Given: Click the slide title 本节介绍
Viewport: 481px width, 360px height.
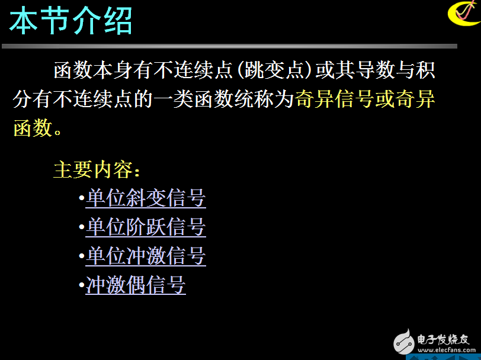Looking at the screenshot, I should (x=70, y=22).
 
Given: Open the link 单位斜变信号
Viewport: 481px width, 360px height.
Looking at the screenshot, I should (x=146, y=198).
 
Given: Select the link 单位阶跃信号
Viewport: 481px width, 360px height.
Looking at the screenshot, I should (x=146, y=227).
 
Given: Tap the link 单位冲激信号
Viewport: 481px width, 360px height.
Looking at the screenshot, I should (x=146, y=256).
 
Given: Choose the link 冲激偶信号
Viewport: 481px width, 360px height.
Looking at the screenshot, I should (x=136, y=285).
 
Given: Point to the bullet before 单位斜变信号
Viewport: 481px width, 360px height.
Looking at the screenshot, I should (x=81, y=199).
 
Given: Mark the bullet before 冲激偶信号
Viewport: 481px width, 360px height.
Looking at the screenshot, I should (x=81, y=286).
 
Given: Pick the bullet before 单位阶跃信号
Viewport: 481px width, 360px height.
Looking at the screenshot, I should (x=81, y=228).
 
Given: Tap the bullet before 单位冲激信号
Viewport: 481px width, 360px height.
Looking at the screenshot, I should (x=81, y=257).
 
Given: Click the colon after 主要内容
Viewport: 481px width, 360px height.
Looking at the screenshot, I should (x=137, y=172).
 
